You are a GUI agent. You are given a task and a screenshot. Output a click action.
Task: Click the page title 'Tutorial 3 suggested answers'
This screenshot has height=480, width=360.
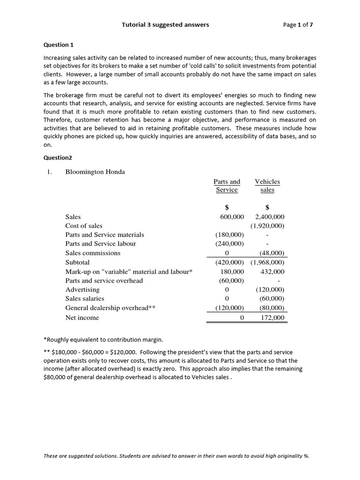click(165, 25)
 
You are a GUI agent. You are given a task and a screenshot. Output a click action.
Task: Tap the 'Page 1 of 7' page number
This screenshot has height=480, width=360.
click(298, 25)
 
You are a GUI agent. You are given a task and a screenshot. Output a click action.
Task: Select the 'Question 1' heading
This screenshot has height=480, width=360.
click(59, 45)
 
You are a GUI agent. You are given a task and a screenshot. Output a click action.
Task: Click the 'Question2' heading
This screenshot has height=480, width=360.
click(58, 158)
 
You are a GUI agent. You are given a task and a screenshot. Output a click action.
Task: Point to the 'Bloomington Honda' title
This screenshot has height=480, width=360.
click(95, 172)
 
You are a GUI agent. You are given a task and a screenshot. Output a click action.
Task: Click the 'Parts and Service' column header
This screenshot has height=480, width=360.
click(227, 186)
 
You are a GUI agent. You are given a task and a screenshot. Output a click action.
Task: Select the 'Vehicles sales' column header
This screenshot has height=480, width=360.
click(267, 186)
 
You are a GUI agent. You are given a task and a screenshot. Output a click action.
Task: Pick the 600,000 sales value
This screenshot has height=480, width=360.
click(232, 217)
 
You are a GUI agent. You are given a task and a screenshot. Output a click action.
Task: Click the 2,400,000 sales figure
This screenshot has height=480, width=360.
click(270, 217)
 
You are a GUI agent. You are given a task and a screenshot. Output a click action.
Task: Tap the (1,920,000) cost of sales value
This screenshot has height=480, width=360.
click(268, 225)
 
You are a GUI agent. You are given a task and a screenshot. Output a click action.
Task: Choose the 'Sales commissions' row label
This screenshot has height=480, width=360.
click(93, 253)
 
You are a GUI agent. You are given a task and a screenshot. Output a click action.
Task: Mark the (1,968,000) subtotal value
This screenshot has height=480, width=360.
click(268, 262)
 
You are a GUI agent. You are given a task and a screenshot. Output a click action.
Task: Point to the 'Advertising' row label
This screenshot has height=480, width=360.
click(82, 290)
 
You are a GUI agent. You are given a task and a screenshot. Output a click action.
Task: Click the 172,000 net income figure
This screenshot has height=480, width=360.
click(272, 318)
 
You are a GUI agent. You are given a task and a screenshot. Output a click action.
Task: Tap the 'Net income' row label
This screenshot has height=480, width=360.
click(82, 318)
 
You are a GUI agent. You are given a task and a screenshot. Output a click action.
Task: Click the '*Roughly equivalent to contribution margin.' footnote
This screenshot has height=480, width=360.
click(102, 339)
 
